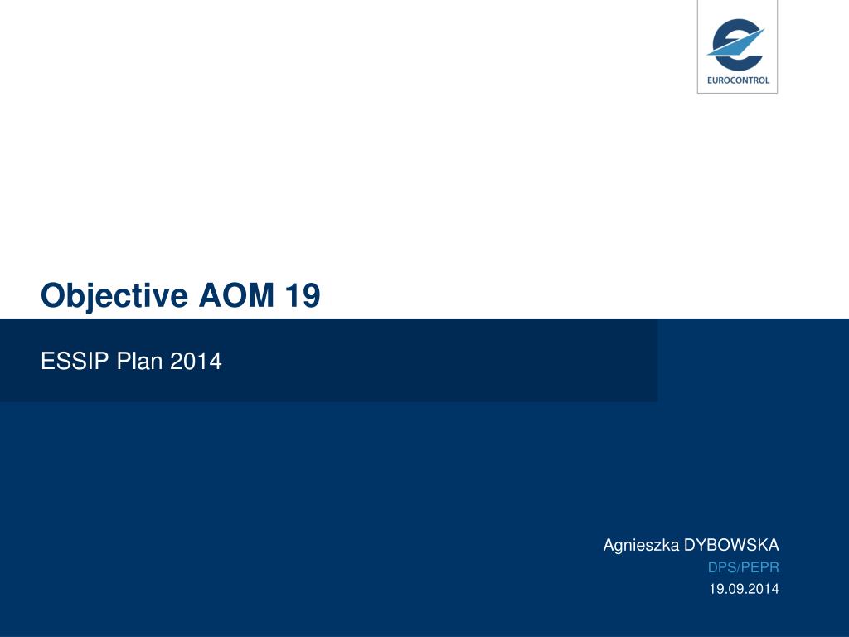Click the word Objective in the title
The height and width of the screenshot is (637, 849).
pyautogui.click(x=114, y=296)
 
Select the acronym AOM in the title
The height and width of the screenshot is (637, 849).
pyautogui.click(x=236, y=295)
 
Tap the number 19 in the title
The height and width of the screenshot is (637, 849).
pyautogui.click(x=303, y=295)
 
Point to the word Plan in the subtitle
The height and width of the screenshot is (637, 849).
pyautogui.click(x=139, y=361)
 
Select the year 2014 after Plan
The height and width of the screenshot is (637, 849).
pyautogui.click(x=196, y=361)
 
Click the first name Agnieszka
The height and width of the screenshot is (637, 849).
pyautogui.click(x=641, y=546)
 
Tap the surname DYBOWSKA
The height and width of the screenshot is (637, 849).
pyautogui.click(x=731, y=545)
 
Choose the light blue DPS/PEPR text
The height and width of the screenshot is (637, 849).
pyautogui.click(x=744, y=567)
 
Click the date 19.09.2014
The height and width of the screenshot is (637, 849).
pyautogui.click(x=744, y=589)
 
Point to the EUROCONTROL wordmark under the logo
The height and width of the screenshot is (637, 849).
pyautogui.click(x=738, y=80)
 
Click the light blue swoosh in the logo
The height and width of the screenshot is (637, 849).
pyautogui.click(x=736, y=43)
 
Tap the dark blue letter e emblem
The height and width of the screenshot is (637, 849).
pyautogui.click(x=737, y=45)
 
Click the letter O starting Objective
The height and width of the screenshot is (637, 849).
pyautogui.click(x=53, y=295)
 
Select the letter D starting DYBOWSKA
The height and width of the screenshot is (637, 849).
pyautogui.click(x=691, y=545)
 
